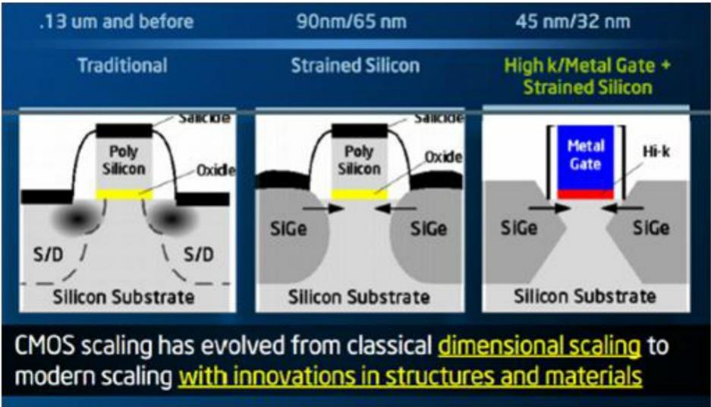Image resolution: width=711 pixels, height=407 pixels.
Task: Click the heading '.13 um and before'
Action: pyautogui.click(x=117, y=21)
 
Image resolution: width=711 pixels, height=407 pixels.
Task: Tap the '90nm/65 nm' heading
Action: pyautogui.click(x=351, y=21)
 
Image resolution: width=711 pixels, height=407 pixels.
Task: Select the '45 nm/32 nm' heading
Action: pyautogui.click(x=573, y=21)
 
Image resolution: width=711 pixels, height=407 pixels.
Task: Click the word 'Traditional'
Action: pyautogui.click(x=122, y=65)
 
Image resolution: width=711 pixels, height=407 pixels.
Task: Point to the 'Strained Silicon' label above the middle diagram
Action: pyautogui.click(x=355, y=66)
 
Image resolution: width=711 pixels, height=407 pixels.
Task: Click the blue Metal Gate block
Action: pyautogui.click(x=585, y=157)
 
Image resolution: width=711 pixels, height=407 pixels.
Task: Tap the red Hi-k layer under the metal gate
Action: pyautogui.click(x=585, y=194)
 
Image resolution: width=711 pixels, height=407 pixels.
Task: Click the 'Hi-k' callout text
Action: pyautogui.click(x=656, y=151)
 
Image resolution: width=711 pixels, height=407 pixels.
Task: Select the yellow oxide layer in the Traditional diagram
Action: pyautogui.click(x=124, y=194)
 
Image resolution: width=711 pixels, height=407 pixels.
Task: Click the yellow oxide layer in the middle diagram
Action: pyautogui.click(x=360, y=194)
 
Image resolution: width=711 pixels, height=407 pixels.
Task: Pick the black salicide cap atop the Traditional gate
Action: pyautogui.click(x=124, y=131)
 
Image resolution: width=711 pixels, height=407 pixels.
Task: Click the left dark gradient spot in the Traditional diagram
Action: pyautogui.click(x=77, y=219)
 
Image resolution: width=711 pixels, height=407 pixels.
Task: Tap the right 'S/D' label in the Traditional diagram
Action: pyautogui.click(x=198, y=254)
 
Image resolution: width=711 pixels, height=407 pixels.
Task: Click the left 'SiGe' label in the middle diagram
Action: pyautogui.click(x=288, y=229)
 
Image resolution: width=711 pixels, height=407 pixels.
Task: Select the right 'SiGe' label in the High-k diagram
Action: pyautogui.click(x=651, y=228)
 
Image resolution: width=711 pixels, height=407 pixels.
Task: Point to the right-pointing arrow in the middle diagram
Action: pyautogui.click(x=322, y=208)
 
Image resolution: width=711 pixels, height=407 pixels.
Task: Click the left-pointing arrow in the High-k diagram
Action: pyautogui.click(x=622, y=208)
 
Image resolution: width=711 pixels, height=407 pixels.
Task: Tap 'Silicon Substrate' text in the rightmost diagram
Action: pyautogui.click(x=585, y=296)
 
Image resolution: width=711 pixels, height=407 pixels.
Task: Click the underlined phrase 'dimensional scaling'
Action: pyautogui.click(x=540, y=345)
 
